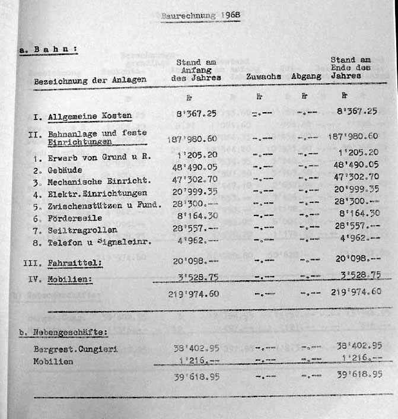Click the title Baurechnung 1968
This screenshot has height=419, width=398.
200,16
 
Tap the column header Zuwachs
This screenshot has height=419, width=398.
263,77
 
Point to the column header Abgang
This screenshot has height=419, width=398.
306,77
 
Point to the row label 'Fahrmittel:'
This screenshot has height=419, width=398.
75,264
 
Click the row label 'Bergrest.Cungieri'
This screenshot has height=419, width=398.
75,349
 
